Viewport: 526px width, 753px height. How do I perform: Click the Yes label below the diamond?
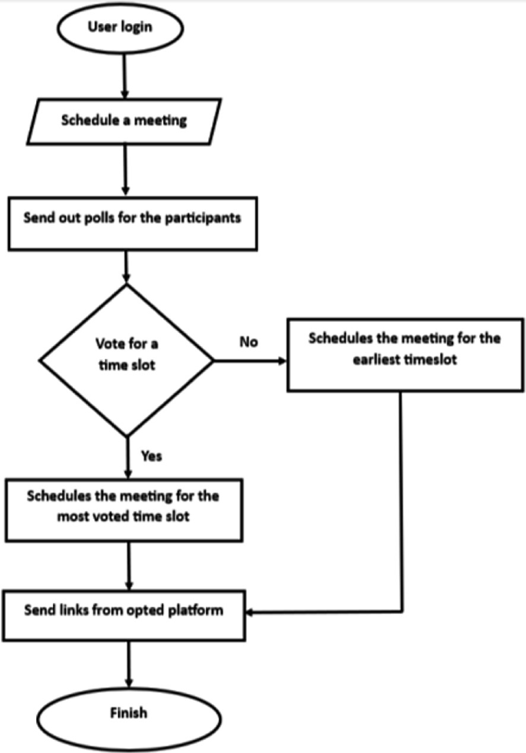[151, 456]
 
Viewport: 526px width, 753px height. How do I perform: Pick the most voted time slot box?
[123, 507]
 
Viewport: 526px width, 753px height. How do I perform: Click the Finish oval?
[127, 714]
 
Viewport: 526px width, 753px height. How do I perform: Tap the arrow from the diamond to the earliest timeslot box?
[250, 357]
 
